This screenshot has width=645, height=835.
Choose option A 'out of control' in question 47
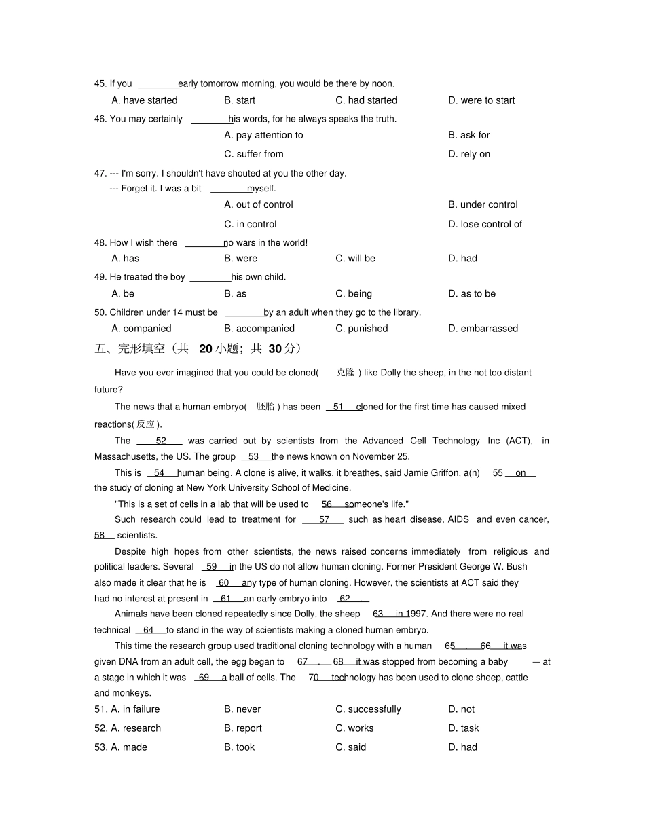tap(259, 204)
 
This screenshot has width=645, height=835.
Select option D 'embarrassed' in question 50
tap(483, 329)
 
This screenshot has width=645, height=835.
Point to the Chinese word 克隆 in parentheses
tap(346, 373)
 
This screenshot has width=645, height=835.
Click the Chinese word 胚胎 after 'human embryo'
tap(265, 407)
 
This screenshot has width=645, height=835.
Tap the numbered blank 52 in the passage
tap(161, 441)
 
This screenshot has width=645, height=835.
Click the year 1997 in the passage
tap(416, 614)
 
